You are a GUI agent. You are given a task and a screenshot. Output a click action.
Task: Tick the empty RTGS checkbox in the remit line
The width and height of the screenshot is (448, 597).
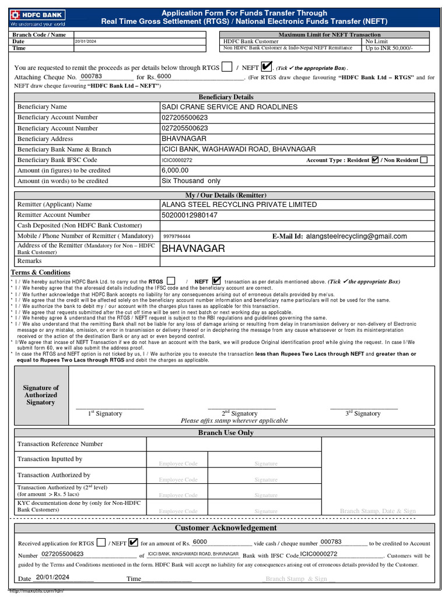tap(227, 67)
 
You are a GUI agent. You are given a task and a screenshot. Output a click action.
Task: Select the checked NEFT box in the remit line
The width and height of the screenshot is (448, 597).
tap(267, 67)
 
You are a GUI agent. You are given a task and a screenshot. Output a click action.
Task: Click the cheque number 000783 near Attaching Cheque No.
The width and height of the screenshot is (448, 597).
tap(91, 76)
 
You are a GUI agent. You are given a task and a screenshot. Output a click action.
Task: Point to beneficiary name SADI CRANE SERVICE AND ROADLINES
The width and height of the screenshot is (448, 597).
tap(229, 107)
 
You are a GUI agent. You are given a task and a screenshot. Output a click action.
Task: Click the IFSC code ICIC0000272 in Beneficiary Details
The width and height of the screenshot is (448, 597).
tap(177, 160)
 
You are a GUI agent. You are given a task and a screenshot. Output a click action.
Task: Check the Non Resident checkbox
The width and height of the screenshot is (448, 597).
tap(423, 160)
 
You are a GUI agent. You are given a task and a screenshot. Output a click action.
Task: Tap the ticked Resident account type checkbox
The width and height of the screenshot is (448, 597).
tap(375, 160)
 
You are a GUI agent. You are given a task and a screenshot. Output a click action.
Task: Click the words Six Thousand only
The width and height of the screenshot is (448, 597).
tap(191, 181)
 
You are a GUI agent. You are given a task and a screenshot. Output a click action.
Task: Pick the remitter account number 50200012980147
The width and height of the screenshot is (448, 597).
tap(190, 215)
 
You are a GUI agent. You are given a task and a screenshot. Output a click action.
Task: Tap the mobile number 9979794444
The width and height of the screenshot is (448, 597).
tap(177, 237)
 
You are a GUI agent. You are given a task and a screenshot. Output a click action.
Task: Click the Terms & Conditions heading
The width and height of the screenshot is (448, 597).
tap(41, 272)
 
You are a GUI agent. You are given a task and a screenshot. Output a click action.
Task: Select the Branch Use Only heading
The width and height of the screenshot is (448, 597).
tap(226, 433)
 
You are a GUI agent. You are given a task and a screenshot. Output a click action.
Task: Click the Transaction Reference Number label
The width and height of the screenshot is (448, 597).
tap(60, 444)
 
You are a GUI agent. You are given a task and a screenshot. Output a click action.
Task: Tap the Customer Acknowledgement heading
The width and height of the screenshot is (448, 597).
tap(226, 528)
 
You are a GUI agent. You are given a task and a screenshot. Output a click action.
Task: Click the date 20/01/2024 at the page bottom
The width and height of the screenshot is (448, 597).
tap(52, 577)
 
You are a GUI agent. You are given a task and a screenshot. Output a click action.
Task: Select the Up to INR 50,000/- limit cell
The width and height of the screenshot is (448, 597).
tap(388, 48)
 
